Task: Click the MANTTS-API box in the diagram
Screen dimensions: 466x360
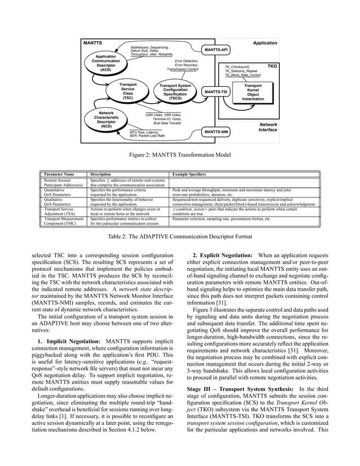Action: coord(216,50)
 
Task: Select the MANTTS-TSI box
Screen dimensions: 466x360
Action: coord(216,91)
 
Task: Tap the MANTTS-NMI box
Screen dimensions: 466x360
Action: coord(216,131)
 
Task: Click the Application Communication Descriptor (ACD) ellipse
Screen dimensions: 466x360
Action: coord(106,63)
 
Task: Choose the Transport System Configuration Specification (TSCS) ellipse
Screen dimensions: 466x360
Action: coord(175,91)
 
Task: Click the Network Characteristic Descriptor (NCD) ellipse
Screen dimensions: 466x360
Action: coord(106,120)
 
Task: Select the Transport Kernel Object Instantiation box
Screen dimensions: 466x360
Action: coord(253,92)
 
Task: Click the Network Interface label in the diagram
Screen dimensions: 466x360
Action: coord(267,127)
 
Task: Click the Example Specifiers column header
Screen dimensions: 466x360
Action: coord(190,175)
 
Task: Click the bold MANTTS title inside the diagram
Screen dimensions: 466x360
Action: coord(93,42)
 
